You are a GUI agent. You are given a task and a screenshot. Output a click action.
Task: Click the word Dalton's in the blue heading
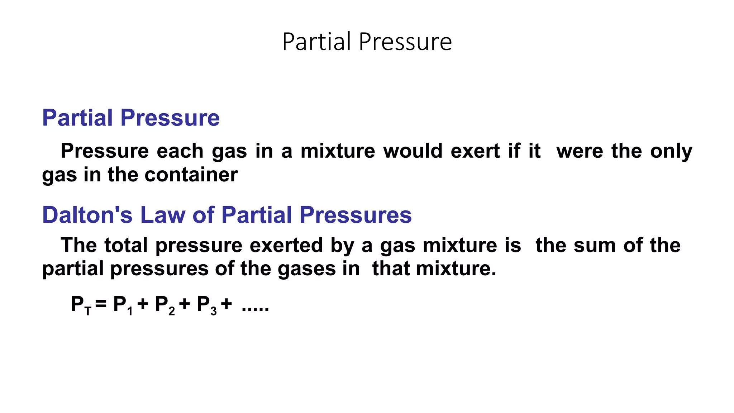click(x=87, y=215)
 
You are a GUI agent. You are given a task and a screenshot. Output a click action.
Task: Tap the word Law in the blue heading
click(x=162, y=215)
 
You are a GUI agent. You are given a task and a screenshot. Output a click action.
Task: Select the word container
click(x=191, y=175)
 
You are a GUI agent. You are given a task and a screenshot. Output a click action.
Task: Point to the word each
click(x=180, y=151)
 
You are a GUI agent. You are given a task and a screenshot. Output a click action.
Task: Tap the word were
click(x=580, y=151)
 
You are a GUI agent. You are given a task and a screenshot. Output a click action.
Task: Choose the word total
click(x=126, y=246)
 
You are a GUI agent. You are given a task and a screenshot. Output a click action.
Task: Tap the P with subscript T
click(x=81, y=305)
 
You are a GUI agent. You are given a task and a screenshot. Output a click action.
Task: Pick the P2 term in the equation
click(x=165, y=305)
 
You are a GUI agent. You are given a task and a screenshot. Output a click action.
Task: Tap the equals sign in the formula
click(x=101, y=304)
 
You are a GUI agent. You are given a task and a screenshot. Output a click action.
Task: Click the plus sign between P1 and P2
click(x=143, y=304)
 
